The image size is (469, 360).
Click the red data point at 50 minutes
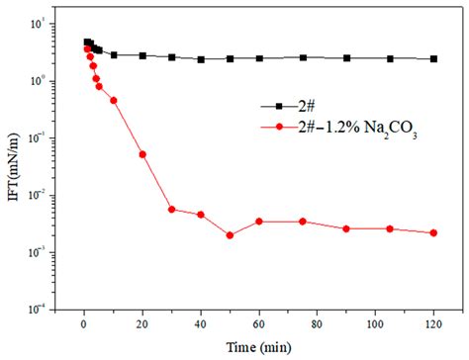pos(230,235)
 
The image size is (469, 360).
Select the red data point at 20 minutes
pos(142,154)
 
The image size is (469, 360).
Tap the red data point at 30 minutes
pos(171,210)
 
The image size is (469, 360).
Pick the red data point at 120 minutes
pos(433,233)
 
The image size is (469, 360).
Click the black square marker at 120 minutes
pos(433,59)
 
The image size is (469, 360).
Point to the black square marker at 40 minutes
pos(201,59)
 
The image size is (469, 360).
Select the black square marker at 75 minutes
pos(303,58)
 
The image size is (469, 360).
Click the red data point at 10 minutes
pos(114,100)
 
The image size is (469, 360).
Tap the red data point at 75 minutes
pos(303,222)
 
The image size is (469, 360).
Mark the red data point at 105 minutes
pos(390,228)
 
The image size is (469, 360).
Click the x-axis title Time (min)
pos(259,347)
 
